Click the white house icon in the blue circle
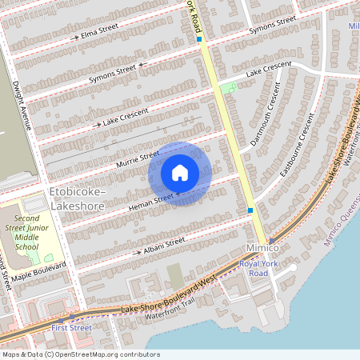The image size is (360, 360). pos(180,173)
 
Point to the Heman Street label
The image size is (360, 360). pos(152,200)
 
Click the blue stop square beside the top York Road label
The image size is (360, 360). pos(199,38)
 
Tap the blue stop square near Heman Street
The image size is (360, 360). pos(250,210)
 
